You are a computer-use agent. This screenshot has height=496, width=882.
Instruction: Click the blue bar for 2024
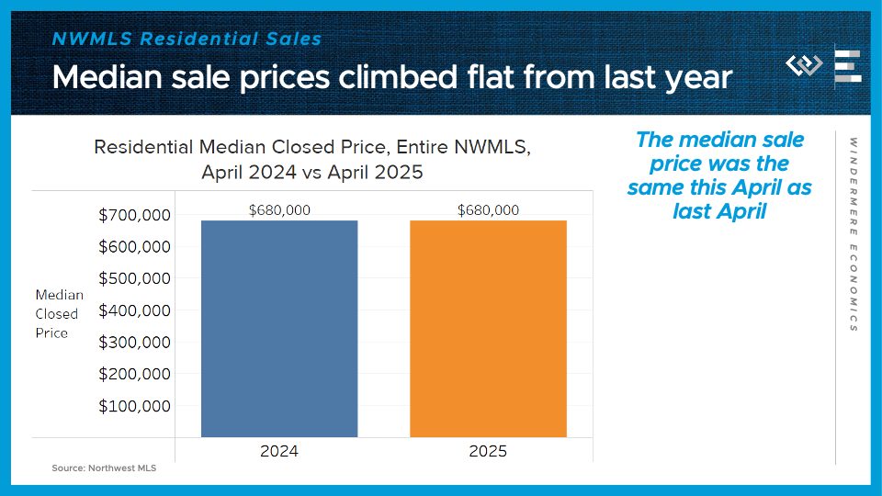click(x=279, y=328)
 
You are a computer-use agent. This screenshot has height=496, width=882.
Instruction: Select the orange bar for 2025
click(x=488, y=328)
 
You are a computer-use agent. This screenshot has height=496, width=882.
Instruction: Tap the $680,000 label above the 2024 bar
click(x=279, y=210)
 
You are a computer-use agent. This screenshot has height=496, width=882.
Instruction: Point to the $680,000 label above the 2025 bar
click(x=488, y=210)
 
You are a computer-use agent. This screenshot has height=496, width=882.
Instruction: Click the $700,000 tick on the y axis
click(x=134, y=216)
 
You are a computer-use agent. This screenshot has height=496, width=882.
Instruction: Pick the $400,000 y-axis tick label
click(x=134, y=310)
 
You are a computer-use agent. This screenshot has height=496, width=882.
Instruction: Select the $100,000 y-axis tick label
click(x=134, y=406)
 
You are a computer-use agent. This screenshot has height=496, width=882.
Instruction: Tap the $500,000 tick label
click(x=134, y=279)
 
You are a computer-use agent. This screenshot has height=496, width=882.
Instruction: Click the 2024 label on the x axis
click(x=279, y=451)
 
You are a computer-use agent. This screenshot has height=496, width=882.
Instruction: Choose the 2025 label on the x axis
click(x=488, y=451)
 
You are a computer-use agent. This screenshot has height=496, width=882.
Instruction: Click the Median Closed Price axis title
click(x=59, y=314)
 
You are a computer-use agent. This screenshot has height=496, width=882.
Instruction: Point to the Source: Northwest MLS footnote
click(x=104, y=468)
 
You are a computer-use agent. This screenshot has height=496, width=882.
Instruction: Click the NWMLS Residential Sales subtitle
click(x=187, y=39)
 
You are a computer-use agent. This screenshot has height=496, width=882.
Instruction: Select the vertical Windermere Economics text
click(x=853, y=235)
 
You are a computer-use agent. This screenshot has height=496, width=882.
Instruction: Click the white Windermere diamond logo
click(x=804, y=66)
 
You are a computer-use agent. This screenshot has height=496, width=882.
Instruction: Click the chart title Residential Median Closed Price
click(x=312, y=147)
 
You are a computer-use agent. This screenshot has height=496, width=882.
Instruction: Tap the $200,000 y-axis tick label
click(x=134, y=374)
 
